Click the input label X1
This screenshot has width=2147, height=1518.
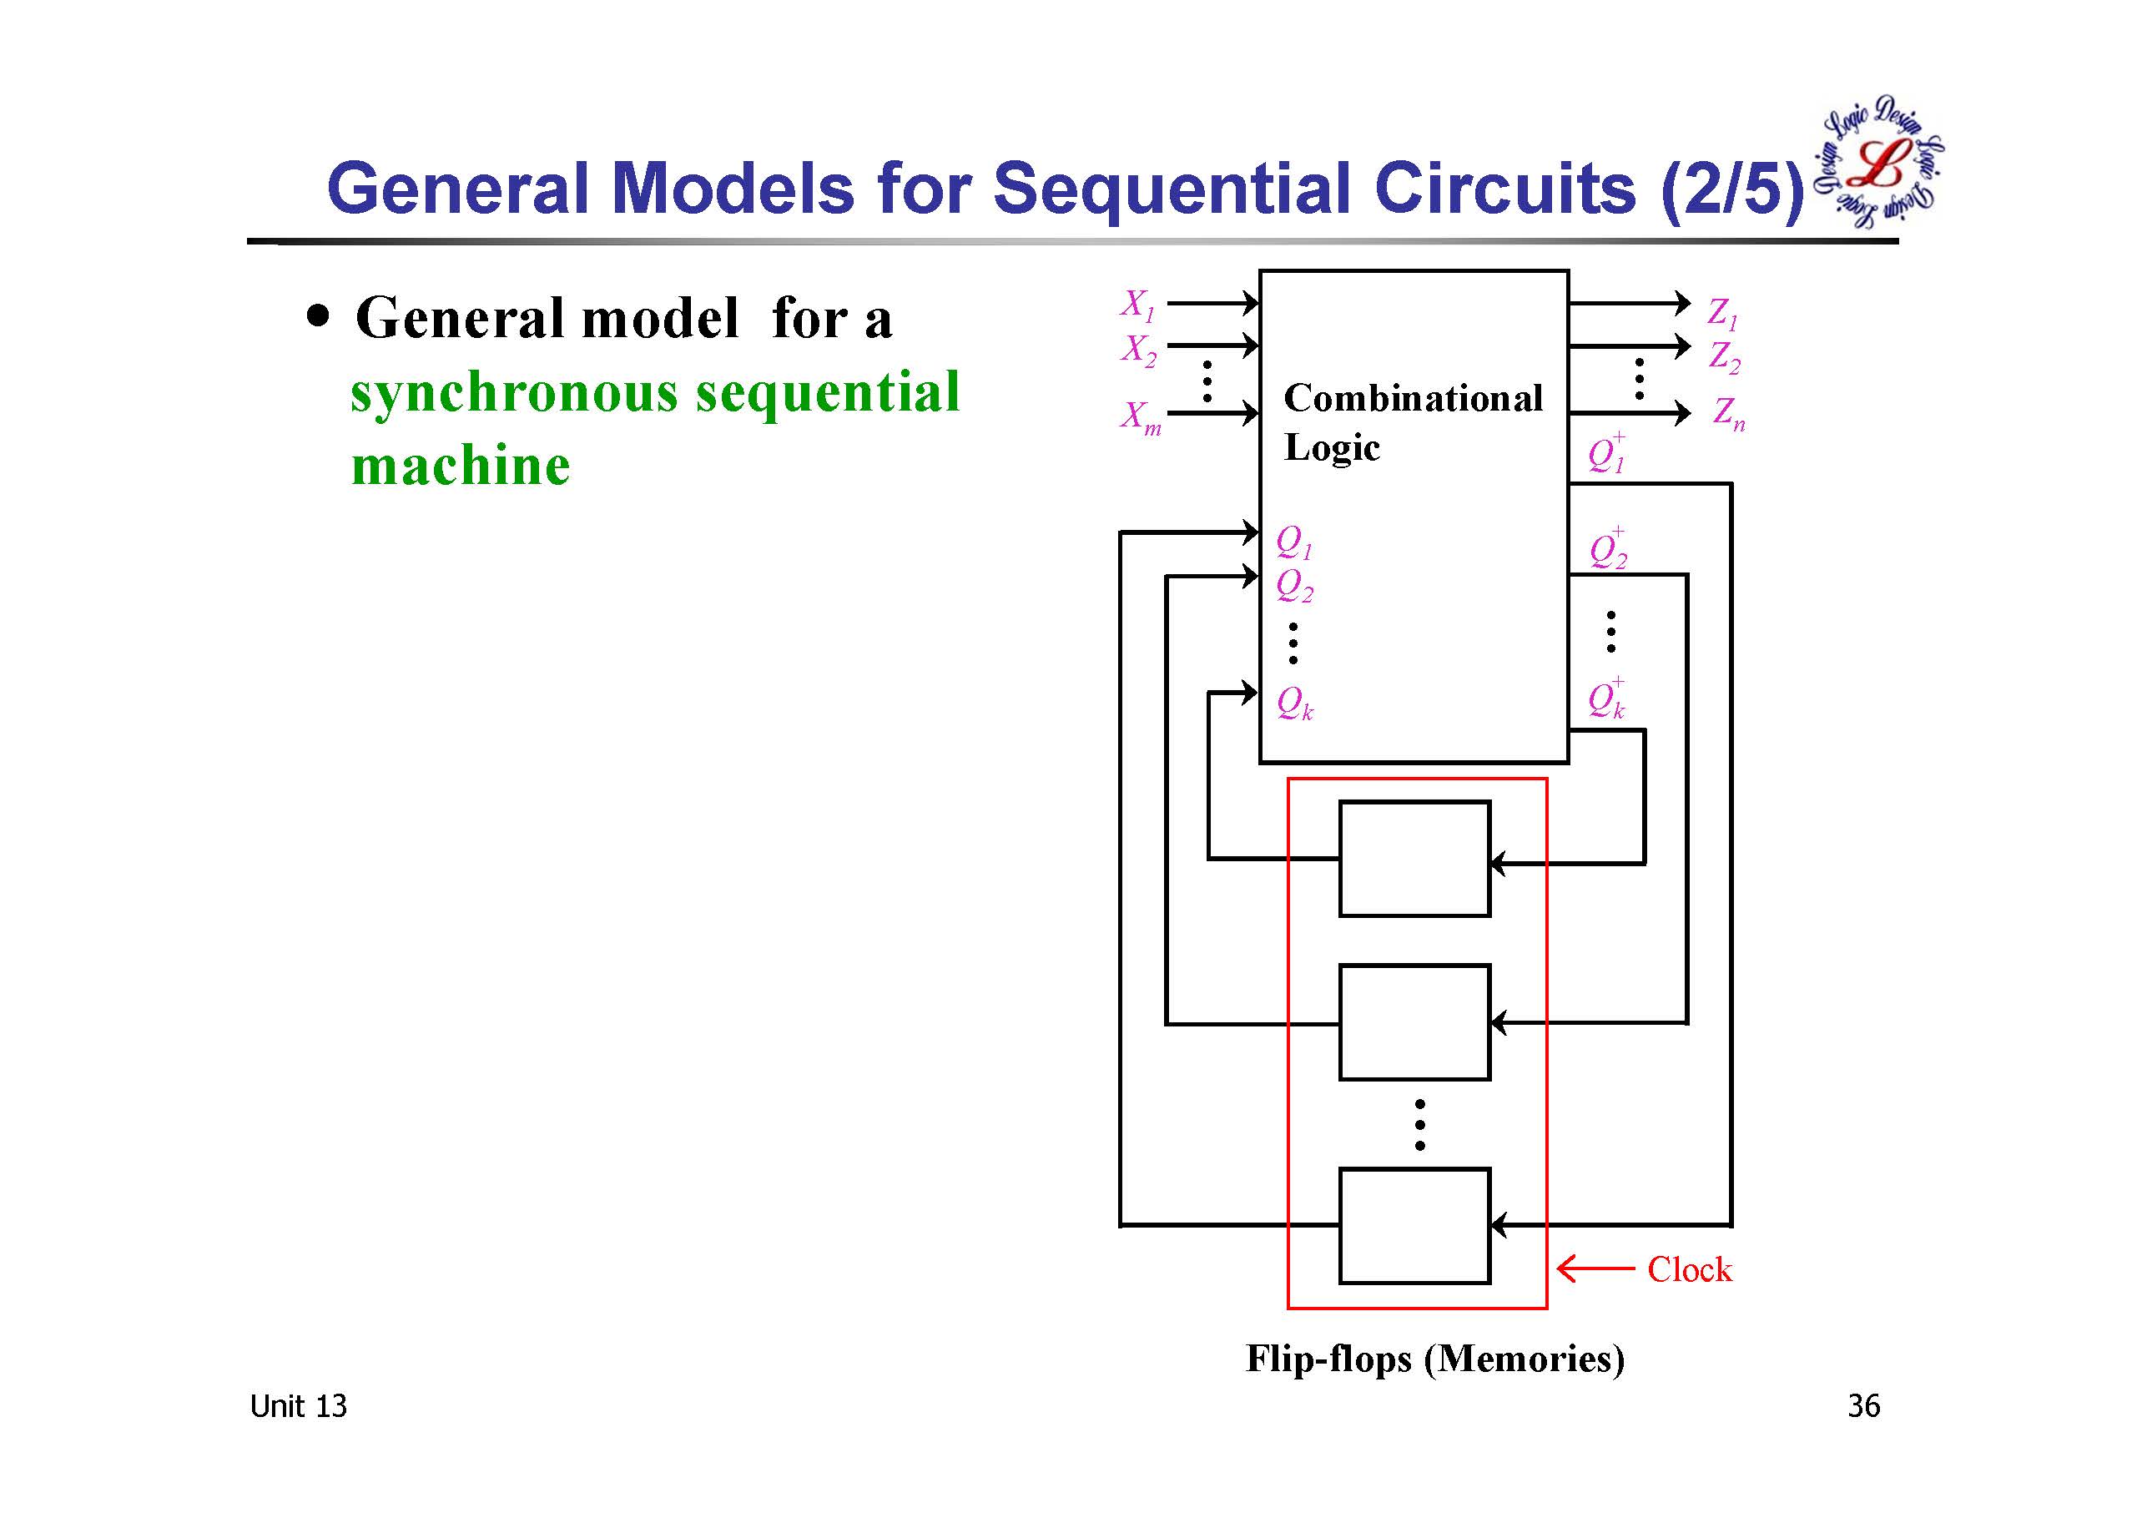point(1138,305)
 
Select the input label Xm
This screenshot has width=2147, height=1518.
point(1141,417)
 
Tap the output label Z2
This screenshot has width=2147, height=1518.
point(1723,357)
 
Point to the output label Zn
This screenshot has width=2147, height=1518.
point(1728,412)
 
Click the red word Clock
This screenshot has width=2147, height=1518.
point(1689,1270)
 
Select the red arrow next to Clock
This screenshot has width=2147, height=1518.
point(1595,1269)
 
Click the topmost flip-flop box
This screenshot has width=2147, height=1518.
point(1414,859)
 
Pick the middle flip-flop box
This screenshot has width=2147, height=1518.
point(1414,1022)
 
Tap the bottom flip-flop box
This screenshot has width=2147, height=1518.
point(1414,1225)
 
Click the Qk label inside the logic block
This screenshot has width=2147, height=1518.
point(1295,703)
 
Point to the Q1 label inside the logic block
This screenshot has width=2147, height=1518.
point(1294,542)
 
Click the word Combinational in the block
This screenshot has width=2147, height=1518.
point(1412,398)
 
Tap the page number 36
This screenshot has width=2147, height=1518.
point(1862,1406)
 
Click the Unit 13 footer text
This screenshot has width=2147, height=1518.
point(298,1406)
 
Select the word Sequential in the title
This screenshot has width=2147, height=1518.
point(1172,189)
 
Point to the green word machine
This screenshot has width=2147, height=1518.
point(460,466)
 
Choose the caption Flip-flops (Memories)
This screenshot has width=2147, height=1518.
point(1434,1358)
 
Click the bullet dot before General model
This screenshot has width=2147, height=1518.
point(319,316)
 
